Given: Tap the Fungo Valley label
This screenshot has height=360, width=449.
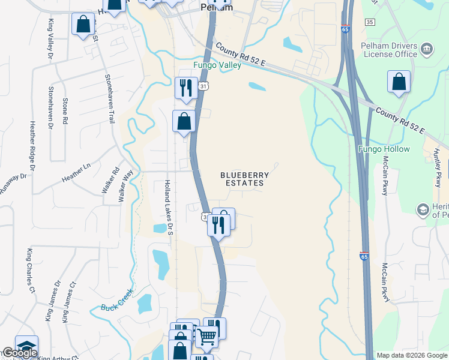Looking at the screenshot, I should click(217, 65).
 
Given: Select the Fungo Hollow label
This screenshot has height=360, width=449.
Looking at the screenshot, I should click(384, 149).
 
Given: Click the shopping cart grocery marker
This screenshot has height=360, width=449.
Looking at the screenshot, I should click(206, 337).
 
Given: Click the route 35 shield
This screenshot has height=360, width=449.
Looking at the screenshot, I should click(370, 22).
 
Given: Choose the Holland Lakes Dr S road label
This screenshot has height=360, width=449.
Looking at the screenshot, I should click(169, 206).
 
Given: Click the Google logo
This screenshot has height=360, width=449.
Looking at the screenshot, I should click(19, 353).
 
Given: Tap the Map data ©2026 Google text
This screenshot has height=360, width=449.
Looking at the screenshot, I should click(412, 355).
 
